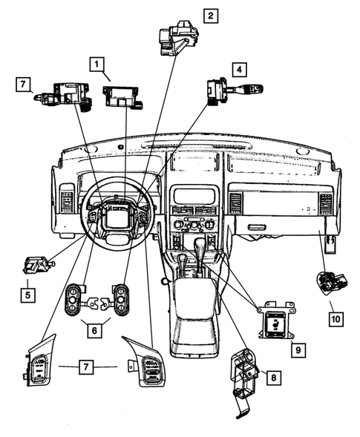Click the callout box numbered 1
click(x=97, y=65)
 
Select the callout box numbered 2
click(x=211, y=15)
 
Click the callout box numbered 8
click(x=274, y=378)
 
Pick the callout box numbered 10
click(x=337, y=319)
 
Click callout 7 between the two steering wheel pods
click(x=88, y=367)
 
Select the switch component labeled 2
click(x=177, y=38)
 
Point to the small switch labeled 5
click(x=37, y=263)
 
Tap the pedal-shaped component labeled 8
click(x=244, y=375)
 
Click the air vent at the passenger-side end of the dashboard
click(x=324, y=204)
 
